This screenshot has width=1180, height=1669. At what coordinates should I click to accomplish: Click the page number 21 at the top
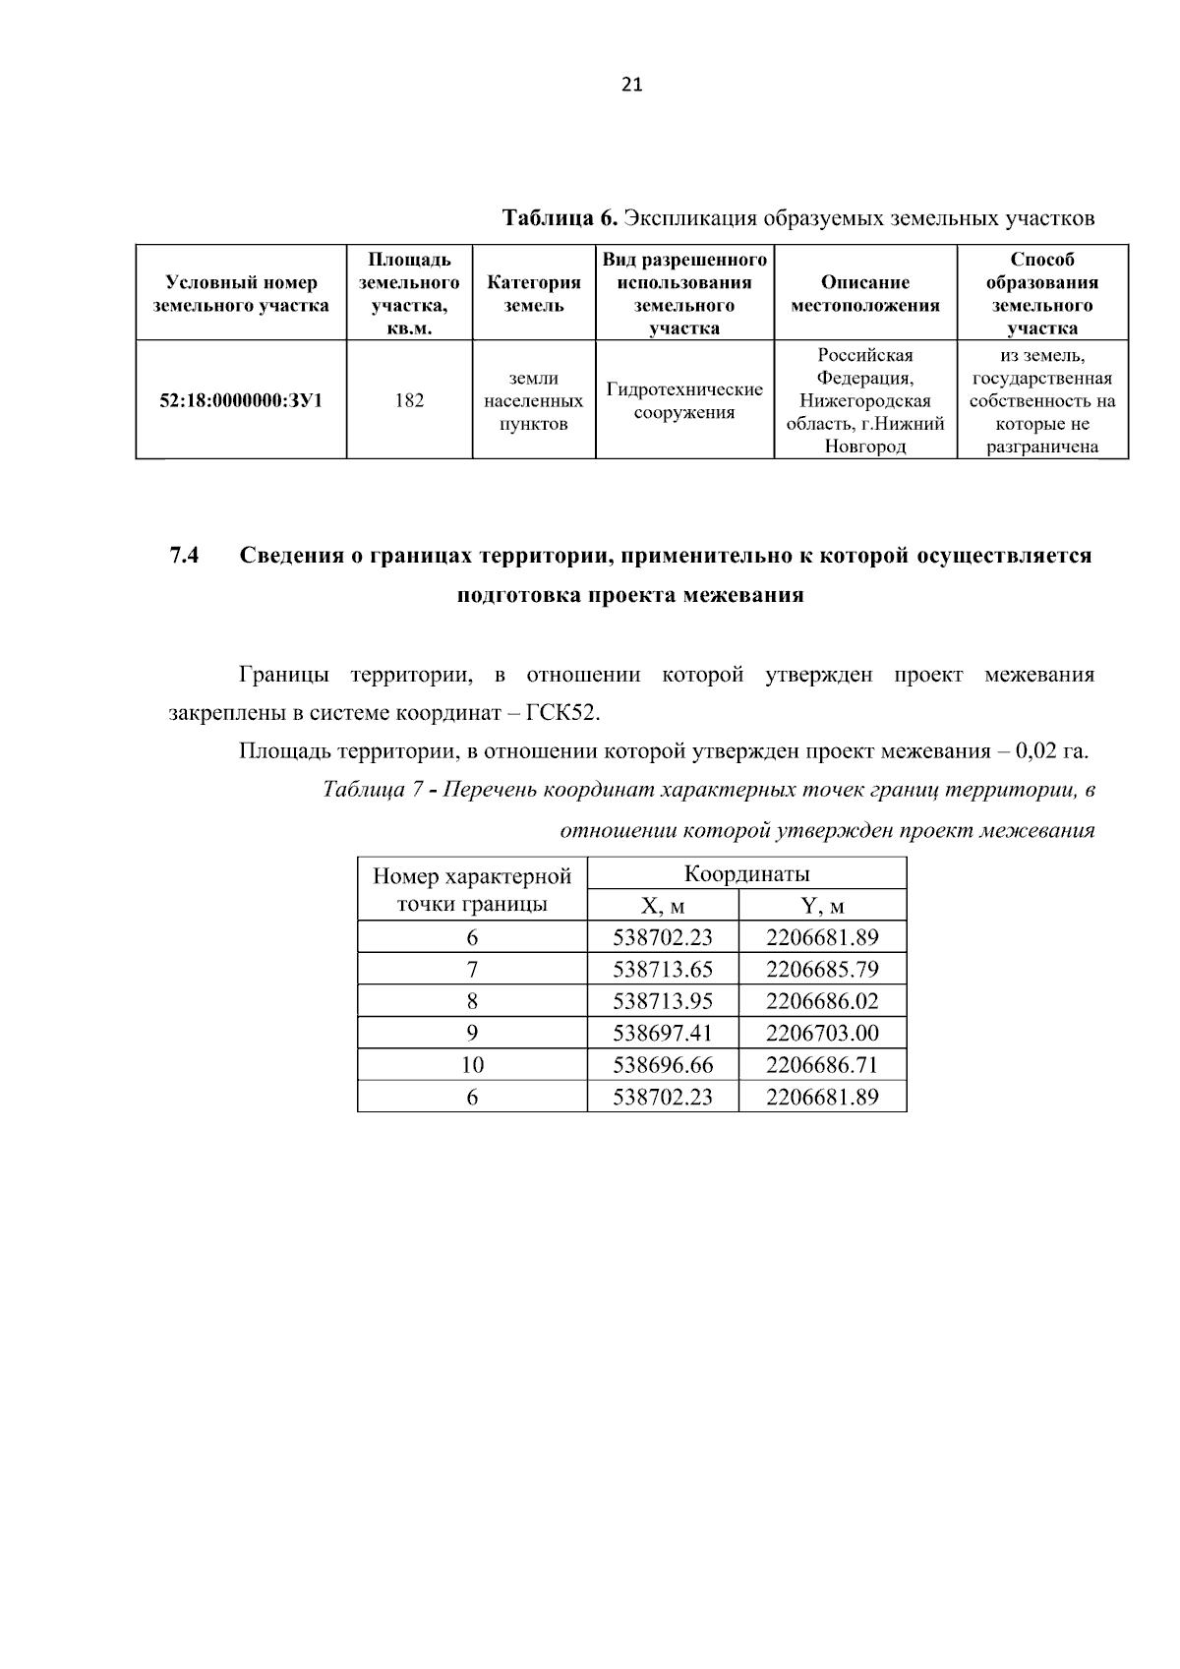click(x=631, y=85)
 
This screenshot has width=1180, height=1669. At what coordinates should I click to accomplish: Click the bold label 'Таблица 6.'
click(x=560, y=217)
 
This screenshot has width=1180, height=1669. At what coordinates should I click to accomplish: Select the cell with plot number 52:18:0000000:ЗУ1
click(x=241, y=400)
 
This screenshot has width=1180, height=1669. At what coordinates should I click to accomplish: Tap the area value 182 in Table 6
click(x=409, y=400)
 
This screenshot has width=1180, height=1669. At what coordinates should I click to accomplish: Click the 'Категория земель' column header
click(x=534, y=293)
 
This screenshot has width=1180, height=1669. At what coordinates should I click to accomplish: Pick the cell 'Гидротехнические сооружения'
click(x=684, y=400)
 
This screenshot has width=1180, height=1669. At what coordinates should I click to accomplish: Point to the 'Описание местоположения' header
click(x=865, y=293)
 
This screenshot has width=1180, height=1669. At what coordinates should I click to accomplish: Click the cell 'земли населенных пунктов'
click(x=534, y=401)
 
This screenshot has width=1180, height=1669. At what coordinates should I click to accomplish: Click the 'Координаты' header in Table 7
click(x=746, y=873)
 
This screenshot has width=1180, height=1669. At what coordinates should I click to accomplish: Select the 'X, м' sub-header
click(x=663, y=906)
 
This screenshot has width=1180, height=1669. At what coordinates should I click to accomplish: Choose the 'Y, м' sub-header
click(x=822, y=906)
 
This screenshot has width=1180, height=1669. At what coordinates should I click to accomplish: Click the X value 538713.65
click(x=663, y=970)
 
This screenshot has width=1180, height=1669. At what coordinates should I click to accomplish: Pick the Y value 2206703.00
click(x=822, y=1034)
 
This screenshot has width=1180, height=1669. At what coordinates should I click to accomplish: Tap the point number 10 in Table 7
click(x=472, y=1065)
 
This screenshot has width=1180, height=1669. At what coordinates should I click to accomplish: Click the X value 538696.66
click(x=663, y=1065)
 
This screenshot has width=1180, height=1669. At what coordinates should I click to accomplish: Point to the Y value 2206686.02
click(x=822, y=1001)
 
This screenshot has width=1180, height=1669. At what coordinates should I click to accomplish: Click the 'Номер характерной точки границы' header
click(x=472, y=889)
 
